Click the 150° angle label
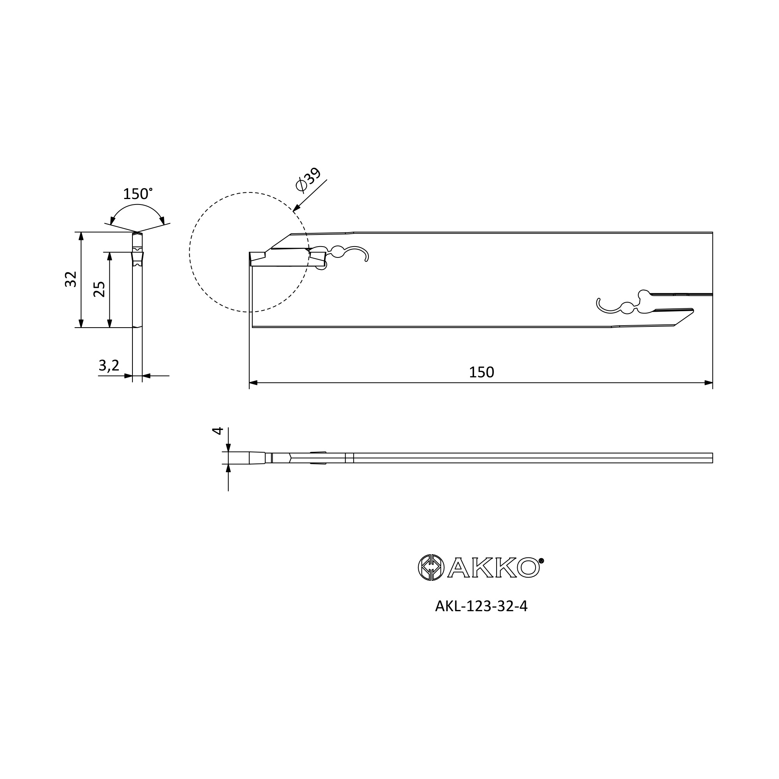point(137,194)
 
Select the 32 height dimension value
point(70,279)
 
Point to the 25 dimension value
point(99,289)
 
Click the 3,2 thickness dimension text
point(109,365)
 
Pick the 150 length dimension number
point(481,372)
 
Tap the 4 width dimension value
point(217,431)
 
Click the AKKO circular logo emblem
point(431,568)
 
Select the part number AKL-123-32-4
point(481,618)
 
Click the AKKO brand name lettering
point(493,568)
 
